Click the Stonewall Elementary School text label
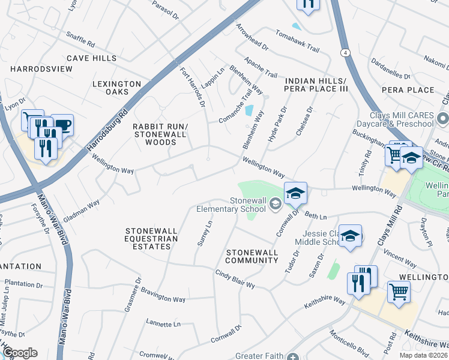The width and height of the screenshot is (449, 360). (231, 205)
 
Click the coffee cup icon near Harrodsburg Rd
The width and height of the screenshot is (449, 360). (62, 125)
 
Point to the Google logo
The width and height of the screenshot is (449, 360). (19, 353)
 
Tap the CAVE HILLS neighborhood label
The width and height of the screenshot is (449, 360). (91, 58)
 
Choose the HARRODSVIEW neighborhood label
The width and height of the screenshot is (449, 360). (41, 69)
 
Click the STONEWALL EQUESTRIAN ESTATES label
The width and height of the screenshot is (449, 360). (152, 239)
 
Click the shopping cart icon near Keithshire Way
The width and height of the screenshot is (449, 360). (399, 292)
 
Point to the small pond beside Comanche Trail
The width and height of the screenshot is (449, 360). (249, 111)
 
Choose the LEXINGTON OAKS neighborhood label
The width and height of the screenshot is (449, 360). (116, 88)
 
